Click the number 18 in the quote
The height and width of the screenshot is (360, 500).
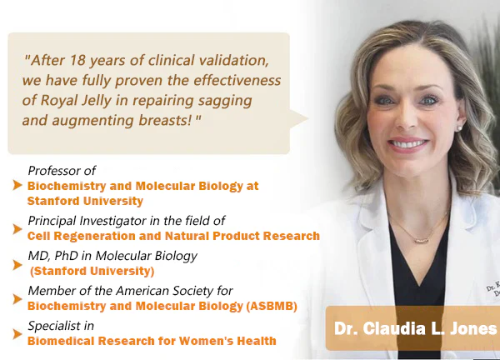pos(77,60)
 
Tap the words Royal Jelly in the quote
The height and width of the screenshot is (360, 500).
pos(76,101)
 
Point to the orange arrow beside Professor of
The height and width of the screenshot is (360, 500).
pos(17,185)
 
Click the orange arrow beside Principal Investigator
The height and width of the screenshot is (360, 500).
pos(17,229)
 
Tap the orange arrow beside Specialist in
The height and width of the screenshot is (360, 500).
pos(17,334)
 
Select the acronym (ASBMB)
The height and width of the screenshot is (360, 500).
pos(272,306)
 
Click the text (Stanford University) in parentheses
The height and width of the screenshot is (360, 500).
pos(92,271)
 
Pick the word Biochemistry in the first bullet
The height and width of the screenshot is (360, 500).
pos(67,186)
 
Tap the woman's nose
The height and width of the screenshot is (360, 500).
pos(407,118)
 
